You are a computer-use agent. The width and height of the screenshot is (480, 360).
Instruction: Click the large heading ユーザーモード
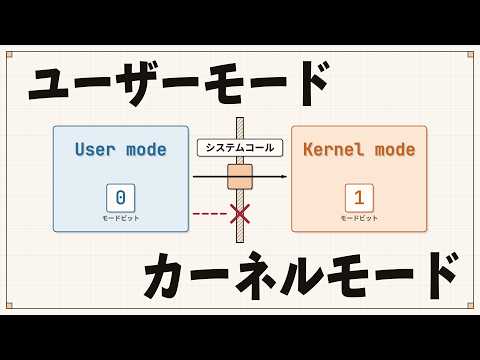pos(179,83)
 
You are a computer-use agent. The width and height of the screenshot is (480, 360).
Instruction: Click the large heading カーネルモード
pos(301,276)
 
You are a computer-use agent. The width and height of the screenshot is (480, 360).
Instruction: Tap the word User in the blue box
pos(95,149)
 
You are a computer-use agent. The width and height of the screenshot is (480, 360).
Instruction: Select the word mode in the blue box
pos(146,150)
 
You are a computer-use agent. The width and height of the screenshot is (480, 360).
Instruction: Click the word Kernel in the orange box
pos(334,149)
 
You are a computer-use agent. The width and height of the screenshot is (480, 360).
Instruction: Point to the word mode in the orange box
pos(395,150)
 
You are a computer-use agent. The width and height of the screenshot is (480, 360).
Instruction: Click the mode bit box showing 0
pos(121,198)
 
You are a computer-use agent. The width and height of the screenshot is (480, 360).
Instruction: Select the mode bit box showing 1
pos(359,198)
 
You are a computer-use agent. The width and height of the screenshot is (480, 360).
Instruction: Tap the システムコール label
pos(240,148)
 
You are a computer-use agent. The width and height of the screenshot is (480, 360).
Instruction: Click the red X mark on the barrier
pos(240,214)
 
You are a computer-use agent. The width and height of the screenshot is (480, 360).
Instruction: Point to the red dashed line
pos(210,214)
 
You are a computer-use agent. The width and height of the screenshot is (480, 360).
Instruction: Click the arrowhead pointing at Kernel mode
pos(284,177)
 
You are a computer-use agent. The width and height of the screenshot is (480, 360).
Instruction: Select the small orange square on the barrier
pos(240,177)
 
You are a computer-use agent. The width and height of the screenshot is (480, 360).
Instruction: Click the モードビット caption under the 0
pos(121,219)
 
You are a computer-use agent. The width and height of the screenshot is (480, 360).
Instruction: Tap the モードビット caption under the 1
pos(359,219)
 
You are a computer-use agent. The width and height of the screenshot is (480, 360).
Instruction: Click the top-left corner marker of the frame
pos(9,55)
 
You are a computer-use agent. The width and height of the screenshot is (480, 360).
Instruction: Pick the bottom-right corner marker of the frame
pos(470,306)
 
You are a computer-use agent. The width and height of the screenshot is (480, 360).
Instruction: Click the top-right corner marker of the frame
pos(470,55)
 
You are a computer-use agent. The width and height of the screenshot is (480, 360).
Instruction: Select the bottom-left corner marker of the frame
pos(9,306)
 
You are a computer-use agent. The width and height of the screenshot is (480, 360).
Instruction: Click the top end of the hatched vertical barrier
pos(240,118)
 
